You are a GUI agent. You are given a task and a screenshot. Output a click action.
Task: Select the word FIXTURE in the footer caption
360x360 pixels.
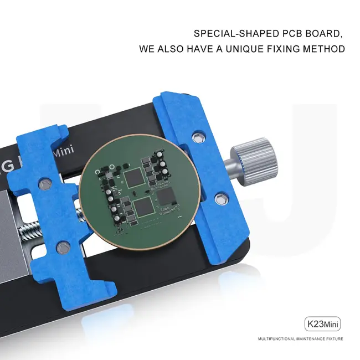coord(335,338)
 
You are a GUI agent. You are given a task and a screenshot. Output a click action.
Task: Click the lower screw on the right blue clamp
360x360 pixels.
coord(221,198)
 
